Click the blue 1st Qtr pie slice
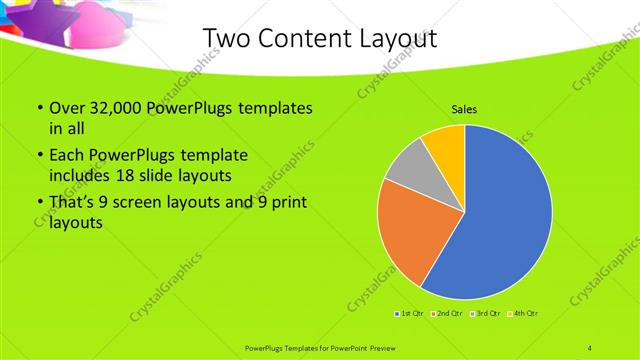click(500, 220)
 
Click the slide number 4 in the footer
click(591, 347)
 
